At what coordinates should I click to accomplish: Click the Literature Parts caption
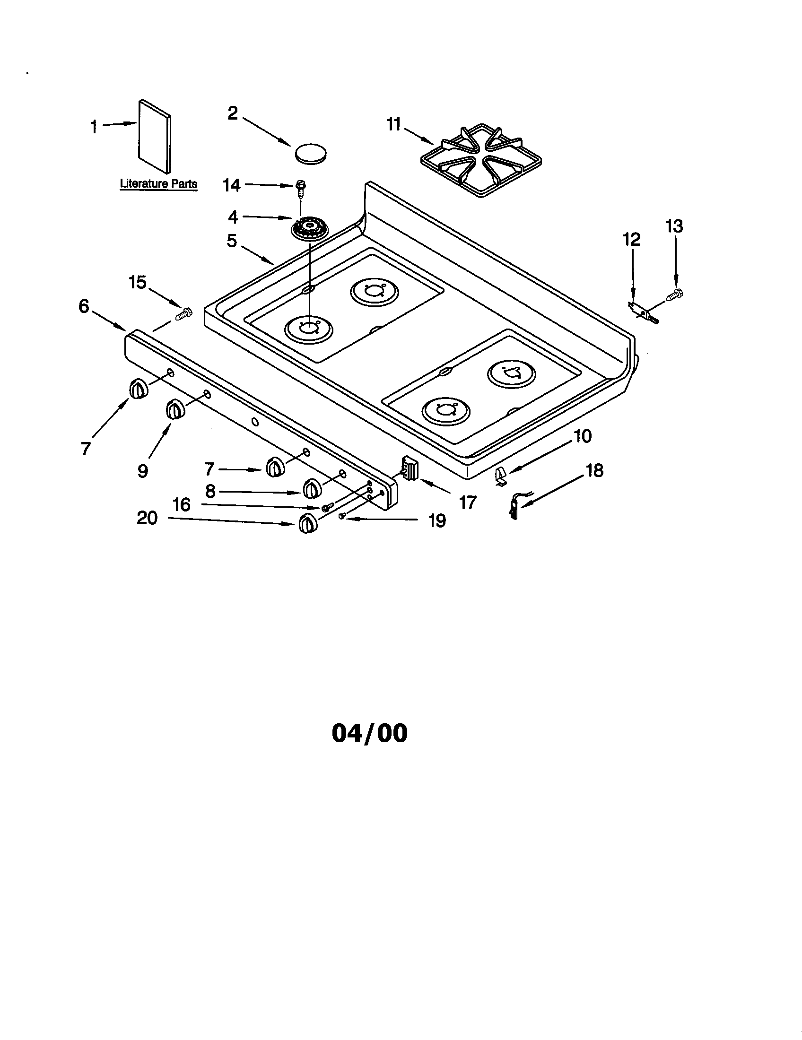pyautogui.click(x=158, y=183)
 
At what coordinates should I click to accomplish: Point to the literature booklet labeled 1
pyautogui.click(x=154, y=136)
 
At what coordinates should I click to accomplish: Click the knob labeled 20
pyautogui.click(x=308, y=524)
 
